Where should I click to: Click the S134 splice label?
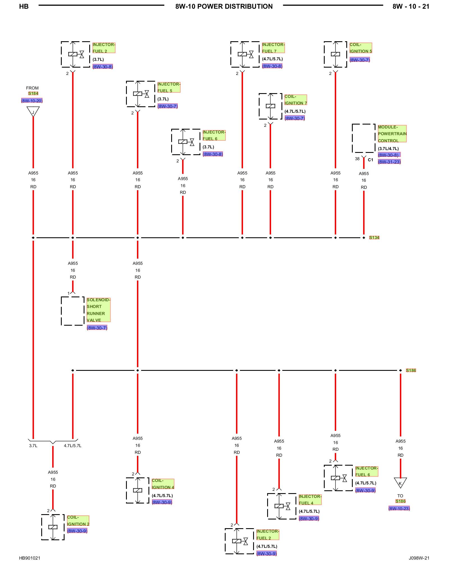pos(374,238)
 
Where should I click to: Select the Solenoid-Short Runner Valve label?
pos(98,310)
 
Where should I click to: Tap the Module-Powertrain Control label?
pos(392,134)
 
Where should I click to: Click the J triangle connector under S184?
pos(33,112)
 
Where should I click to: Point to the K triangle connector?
pos(400,483)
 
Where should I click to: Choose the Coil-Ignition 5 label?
pos(361,48)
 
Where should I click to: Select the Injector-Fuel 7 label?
pos(273,48)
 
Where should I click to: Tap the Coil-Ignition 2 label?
pos(78,521)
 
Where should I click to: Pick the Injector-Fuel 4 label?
pos(310,500)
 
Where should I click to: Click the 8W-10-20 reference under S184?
pos(32,101)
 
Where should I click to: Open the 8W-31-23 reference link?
pos(389,162)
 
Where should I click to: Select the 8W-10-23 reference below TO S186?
pos(399,508)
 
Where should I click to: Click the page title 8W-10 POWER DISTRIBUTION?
pos(224,6)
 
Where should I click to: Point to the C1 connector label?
pos(370,160)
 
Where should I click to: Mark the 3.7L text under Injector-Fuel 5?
pos(163,99)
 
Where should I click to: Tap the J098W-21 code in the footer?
pos(419,558)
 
